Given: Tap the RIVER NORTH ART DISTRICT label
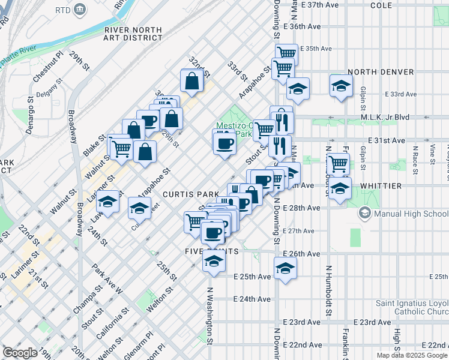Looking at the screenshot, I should (x=133, y=34).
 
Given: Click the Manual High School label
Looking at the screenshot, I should (x=404, y=213).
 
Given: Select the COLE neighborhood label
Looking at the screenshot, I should (x=381, y=5).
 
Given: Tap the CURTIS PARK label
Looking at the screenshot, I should (x=187, y=195).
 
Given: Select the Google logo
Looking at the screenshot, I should (x=20, y=353).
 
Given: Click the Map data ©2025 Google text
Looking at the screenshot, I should (x=412, y=355).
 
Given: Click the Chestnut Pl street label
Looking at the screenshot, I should (x=47, y=67).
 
